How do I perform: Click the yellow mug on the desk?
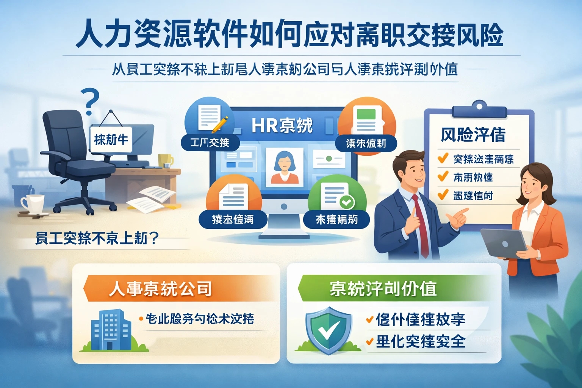pos(165,160)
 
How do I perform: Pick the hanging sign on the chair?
pos(111,139)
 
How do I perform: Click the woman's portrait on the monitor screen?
pos(284,167)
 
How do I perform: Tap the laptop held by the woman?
pos(504,242)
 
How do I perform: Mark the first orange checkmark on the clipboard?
pos(443,158)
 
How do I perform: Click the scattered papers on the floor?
pos(152,199)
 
